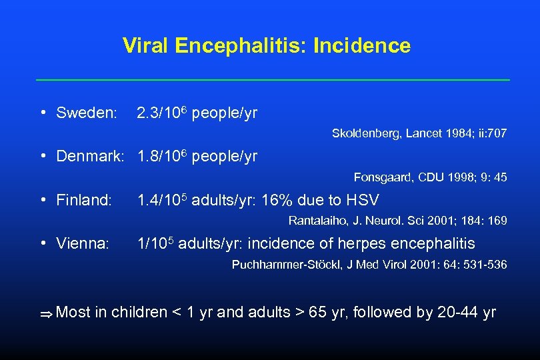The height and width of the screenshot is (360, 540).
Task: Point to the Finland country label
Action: click(84, 200)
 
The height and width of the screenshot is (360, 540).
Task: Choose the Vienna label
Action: click(83, 244)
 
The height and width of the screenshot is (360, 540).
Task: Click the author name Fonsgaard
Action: click(383, 177)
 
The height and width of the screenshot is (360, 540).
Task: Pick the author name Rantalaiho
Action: click(317, 221)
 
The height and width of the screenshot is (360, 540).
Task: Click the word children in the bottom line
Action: click(139, 312)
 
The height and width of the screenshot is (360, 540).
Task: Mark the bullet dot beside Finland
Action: click(42, 201)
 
